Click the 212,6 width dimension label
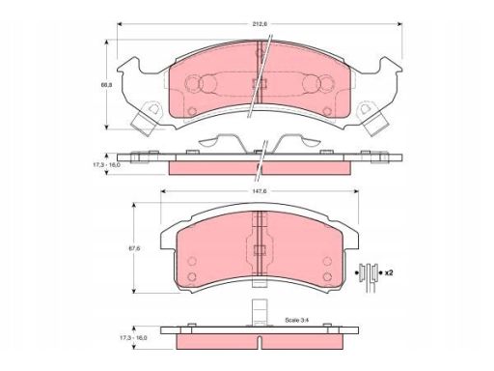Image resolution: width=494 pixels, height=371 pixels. [260, 23]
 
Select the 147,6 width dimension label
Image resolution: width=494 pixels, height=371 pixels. [260, 191]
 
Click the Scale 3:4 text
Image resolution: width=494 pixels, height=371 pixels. [297, 320]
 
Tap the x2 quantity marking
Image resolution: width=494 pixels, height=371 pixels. [389, 272]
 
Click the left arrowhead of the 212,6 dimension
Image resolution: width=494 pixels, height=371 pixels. [120, 24]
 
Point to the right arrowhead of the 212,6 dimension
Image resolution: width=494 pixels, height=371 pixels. [399, 24]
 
